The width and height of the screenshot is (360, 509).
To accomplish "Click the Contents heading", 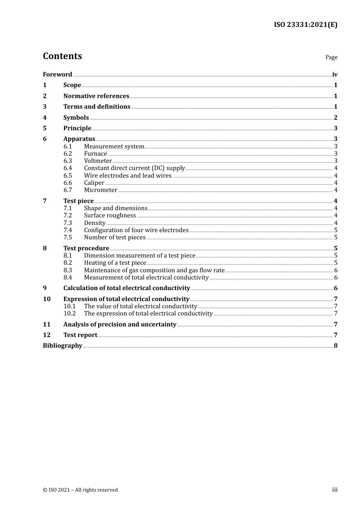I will pyautogui.click(x=62, y=56).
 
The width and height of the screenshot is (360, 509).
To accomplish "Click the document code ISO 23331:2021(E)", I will pyautogui.click(x=305, y=25).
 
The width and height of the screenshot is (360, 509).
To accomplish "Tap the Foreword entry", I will pyautogui.click(x=57, y=75).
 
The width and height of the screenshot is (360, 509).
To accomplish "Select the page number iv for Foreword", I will pyautogui.click(x=335, y=75).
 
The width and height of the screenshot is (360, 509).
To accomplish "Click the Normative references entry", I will pyautogui.click(x=96, y=96).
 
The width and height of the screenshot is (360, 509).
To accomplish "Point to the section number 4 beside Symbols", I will pyautogui.click(x=45, y=118).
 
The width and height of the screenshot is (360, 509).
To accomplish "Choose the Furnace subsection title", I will pyautogui.click(x=95, y=154).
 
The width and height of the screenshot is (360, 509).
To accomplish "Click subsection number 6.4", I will pyautogui.click(x=67, y=168).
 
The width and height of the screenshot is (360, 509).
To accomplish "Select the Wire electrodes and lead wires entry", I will pyautogui.click(x=128, y=176).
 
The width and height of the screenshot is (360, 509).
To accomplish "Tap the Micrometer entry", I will pyautogui.click(x=100, y=190).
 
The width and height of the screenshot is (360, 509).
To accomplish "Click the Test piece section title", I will pyautogui.click(x=78, y=201).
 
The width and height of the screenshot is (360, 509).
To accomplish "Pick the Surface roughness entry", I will pyautogui.click(x=110, y=215).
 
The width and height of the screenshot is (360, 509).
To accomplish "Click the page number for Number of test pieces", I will pyautogui.click(x=336, y=237).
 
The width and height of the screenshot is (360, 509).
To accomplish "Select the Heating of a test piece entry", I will pyautogui.click(x=115, y=263).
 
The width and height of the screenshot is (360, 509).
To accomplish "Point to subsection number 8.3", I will pyautogui.click(x=67, y=270).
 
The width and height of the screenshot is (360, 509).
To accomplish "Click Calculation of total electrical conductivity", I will pyautogui.click(x=127, y=288).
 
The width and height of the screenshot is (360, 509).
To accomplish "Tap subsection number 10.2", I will pyautogui.click(x=69, y=314).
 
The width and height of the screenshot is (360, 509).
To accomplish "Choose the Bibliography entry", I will pyautogui.click(x=63, y=346).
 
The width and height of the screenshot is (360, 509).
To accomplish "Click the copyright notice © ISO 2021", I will pyautogui.click(x=80, y=490).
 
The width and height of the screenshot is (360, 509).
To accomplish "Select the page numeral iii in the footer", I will pyautogui.click(x=335, y=490).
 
